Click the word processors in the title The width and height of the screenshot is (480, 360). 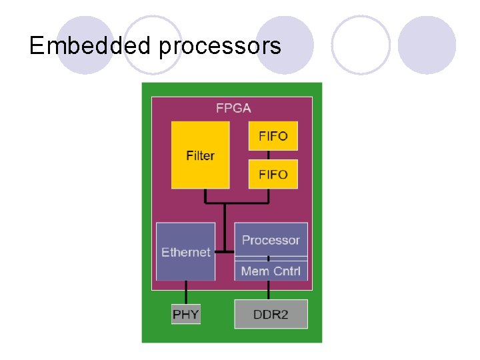[220, 47]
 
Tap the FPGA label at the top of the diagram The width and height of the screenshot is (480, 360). [233, 107]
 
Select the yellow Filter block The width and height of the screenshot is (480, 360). [200, 155]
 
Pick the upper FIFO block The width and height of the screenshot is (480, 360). [273, 136]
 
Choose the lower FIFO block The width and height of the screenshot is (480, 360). [273, 174]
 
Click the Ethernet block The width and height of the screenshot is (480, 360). [185, 251]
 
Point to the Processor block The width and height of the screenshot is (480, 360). [271, 239]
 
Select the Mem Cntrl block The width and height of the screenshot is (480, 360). [271, 271]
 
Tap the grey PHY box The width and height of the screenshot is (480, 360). [185, 313]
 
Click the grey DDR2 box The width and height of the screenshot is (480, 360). [271, 313]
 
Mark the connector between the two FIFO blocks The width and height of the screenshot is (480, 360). [269, 155]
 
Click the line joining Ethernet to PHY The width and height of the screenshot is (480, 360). [185, 291]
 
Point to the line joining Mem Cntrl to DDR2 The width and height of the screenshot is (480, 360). [269, 290]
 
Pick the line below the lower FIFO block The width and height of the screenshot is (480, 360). [269, 195]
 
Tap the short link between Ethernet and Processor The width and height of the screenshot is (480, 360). [225, 252]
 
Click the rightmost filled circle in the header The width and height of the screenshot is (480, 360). [427, 45]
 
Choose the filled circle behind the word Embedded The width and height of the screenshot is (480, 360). [85, 45]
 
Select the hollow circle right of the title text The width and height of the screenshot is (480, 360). [361, 45]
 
